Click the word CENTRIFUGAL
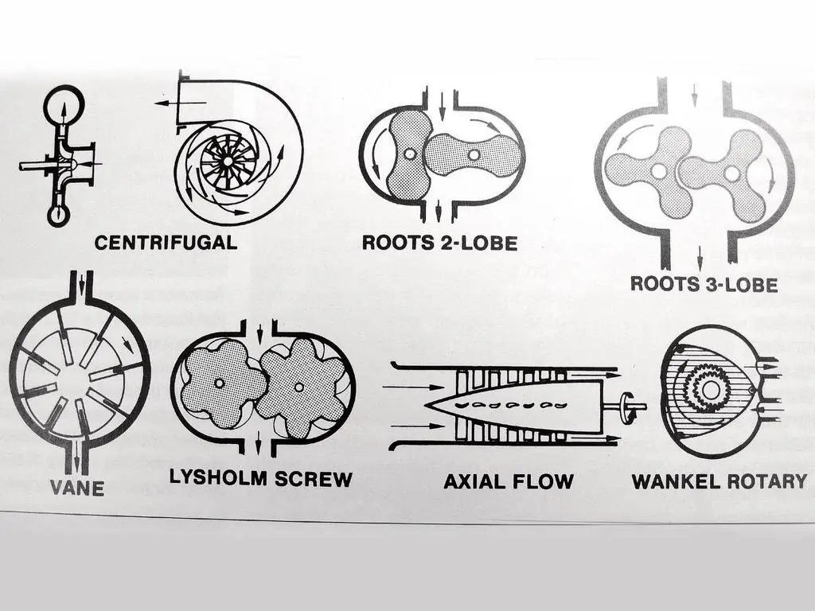click(166, 243)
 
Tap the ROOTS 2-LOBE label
click(439, 243)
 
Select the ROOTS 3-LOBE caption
click(704, 284)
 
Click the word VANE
click(77, 488)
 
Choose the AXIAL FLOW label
click(509, 481)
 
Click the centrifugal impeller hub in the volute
click(228, 162)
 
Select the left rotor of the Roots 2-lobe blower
click(410, 154)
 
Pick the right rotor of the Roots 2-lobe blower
click(474, 154)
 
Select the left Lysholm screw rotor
click(220, 383)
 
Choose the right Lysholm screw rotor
click(299, 387)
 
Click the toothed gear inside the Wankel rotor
click(710, 390)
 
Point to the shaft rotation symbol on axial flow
click(627, 407)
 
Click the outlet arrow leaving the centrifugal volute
click(181, 103)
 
